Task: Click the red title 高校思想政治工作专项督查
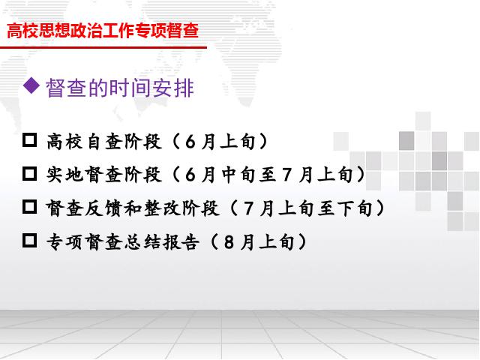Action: click(103, 31)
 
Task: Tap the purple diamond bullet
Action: click(31, 85)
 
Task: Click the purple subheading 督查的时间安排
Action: click(120, 88)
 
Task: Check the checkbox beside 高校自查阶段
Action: click(30, 140)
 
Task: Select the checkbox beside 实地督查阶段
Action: click(30, 173)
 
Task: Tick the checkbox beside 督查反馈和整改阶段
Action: click(30, 207)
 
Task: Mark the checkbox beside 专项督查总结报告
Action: click(30, 240)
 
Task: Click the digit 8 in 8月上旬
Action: click(229, 242)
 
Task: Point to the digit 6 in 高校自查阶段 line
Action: click(190, 142)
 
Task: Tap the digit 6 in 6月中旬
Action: click(190, 175)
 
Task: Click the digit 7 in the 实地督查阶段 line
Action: click(286, 175)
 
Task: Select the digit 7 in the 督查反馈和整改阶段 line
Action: click(248, 208)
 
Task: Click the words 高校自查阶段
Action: click(104, 142)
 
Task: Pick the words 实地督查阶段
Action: click(104, 175)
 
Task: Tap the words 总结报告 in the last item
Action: click(162, 241)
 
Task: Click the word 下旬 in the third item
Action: click(355, 208)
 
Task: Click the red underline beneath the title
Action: click(103, 47)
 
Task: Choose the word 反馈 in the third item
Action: click(104, 208)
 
